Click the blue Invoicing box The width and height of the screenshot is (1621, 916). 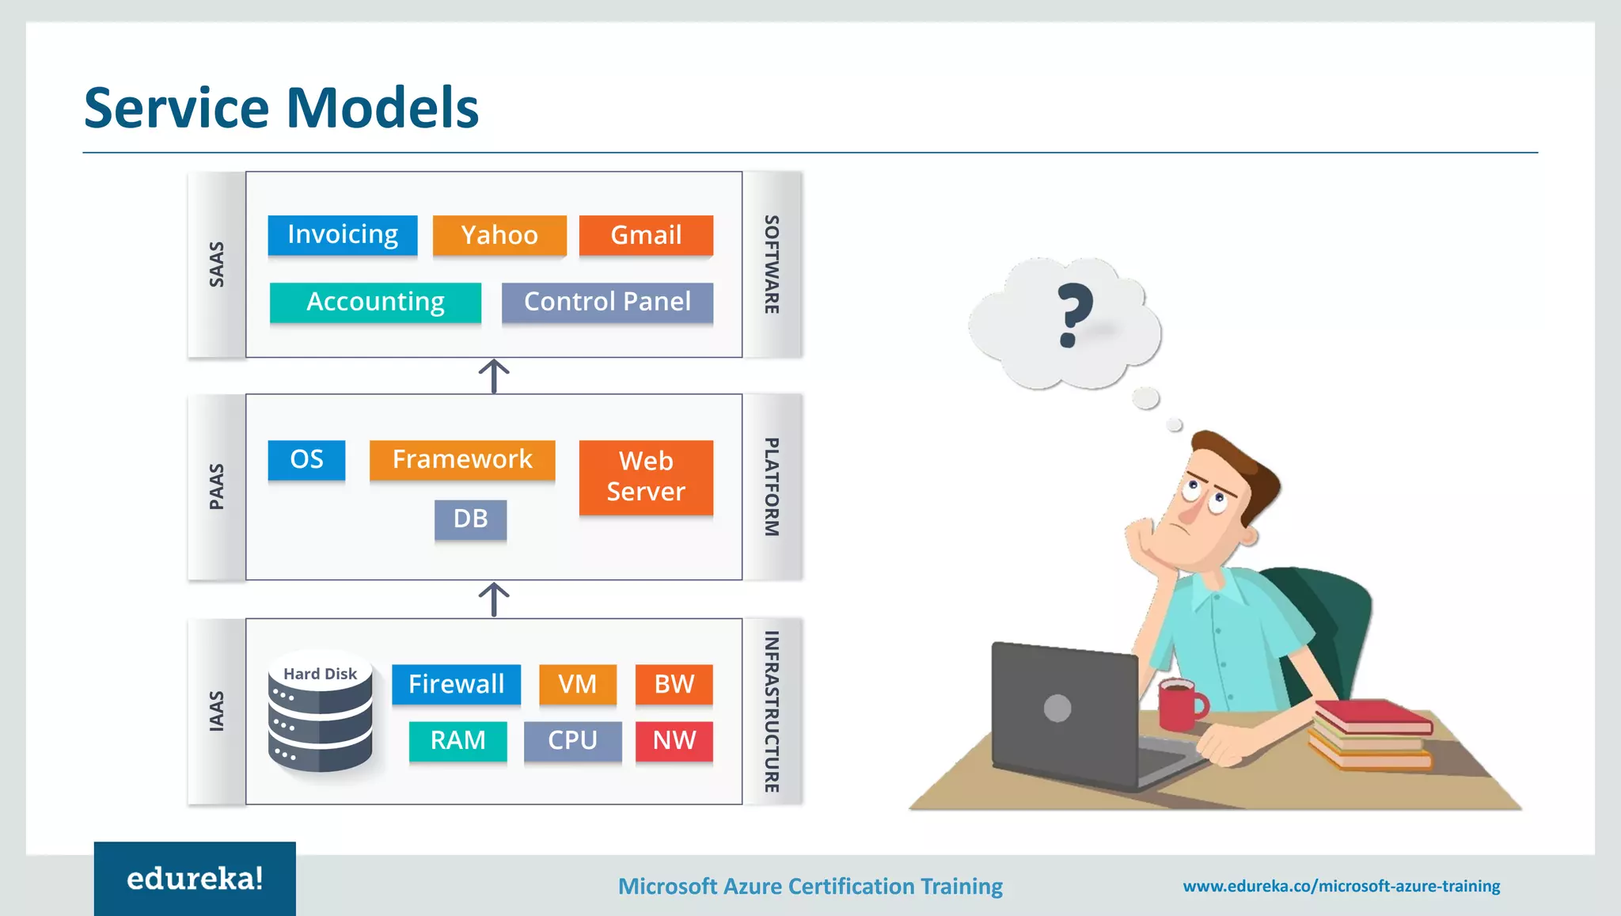(342, 235)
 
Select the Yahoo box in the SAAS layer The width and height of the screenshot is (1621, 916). (499, 235)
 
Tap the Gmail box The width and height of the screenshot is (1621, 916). (646, 235)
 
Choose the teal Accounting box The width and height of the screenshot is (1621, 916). (375, 302)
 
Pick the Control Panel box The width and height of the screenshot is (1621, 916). (607, 302)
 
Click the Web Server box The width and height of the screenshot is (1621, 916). (646, 477)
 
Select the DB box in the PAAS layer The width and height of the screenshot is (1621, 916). (470, 519)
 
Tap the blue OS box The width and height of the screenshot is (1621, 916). (306, 460)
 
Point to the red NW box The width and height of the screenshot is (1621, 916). (674, 741)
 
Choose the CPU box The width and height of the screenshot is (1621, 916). (572, 741)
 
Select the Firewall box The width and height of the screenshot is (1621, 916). (456, 684)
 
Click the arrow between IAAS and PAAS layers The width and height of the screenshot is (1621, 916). (494, 599)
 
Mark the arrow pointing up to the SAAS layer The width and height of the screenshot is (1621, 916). (494, 376)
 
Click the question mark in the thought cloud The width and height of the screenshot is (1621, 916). (1074, 315)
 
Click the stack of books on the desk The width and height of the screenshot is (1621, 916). (1372, 735)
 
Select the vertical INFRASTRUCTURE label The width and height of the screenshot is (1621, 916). (772, 711)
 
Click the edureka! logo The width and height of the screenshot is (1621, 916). (195, 879)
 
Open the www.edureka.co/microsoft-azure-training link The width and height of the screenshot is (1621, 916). (1341, 886)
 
